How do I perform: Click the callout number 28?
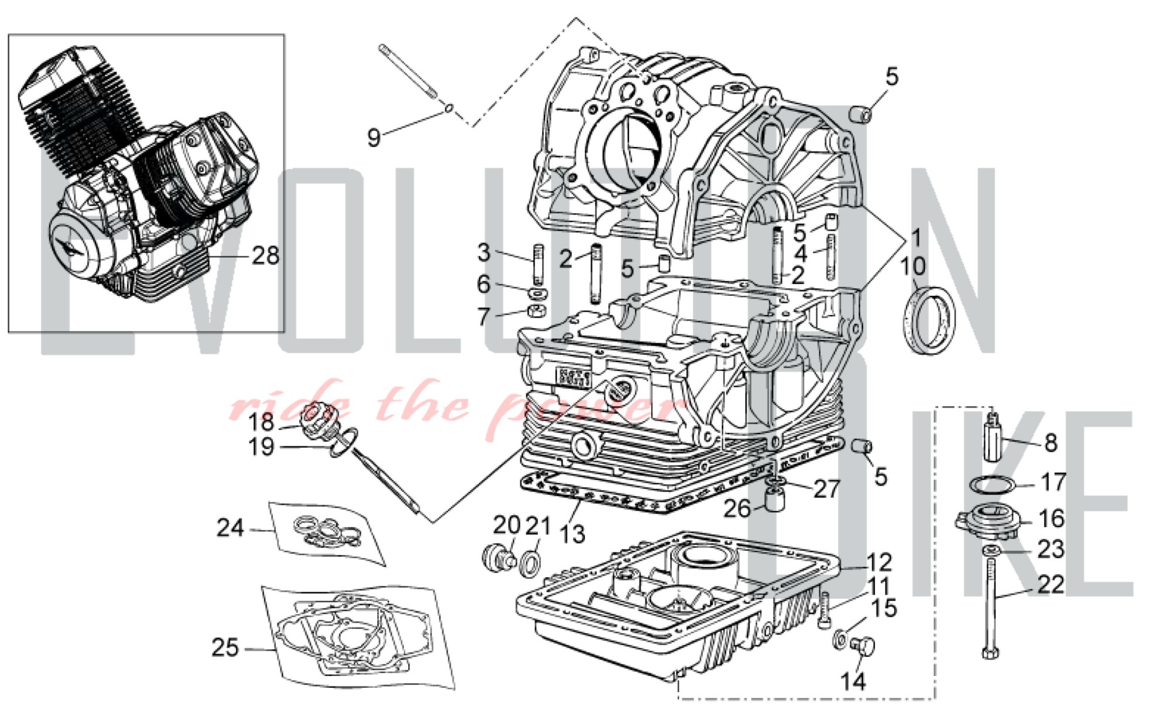[265, 256]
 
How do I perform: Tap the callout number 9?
[374, 138]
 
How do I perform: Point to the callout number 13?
[571, 534]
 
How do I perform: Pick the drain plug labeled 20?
[497, 557]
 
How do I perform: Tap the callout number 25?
[225, 647]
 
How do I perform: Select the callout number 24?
[230, 528]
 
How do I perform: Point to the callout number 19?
[261, 447]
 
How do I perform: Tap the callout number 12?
[878, 562]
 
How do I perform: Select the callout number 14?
[852, 681]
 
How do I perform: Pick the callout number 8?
[1051, 443]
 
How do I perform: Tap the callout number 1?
[916, 237]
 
